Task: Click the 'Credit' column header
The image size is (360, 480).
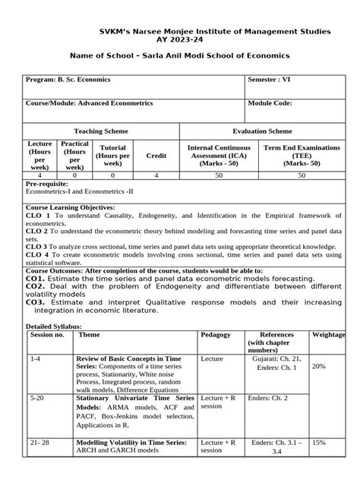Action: click(x=156, y=154)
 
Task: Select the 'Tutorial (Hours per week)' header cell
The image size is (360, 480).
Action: click(x=113, y=154)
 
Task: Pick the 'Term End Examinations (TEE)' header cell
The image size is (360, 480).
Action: click(x=302, y=154)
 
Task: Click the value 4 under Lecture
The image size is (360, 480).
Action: click(x=39, y=175)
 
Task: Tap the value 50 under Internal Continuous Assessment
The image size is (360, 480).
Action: click(x=219, y=175)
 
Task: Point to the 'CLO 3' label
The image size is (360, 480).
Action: click(x=38, y=246)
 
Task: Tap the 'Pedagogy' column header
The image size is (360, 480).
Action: click(x=216, y=334)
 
